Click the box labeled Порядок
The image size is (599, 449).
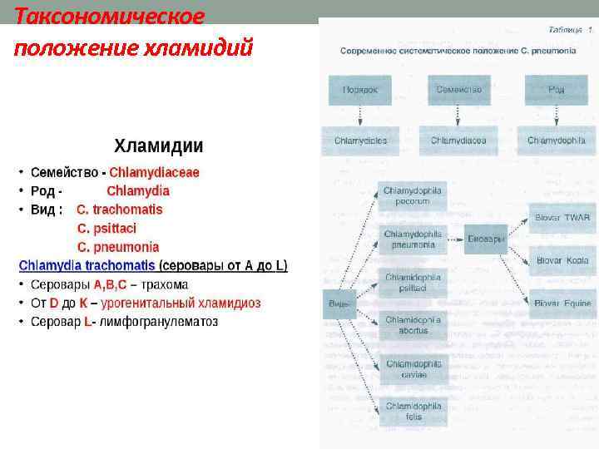(x=359, y=90)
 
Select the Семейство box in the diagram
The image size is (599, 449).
(x=458, y=90)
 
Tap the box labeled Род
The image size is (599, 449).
(x=556, y=90)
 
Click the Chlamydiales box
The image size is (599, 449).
(x=360, y=141)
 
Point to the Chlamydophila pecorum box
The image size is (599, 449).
(x=412, y=195)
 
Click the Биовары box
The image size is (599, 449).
(x=486, y=239)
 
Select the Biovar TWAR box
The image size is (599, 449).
(x=562, y=218)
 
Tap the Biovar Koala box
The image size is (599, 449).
(x=562, y=260)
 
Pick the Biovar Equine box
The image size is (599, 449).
(x=562, y=303)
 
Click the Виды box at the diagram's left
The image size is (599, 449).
(x=339, y=303)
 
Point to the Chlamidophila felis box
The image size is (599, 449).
(x=412, y=411)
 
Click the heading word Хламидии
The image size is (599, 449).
(x=158, y=146)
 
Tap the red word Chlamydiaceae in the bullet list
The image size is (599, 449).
(x=154, y=173)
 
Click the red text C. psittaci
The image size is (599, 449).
(x=106, y=228)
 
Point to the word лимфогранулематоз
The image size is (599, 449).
(x=158, y=321)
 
